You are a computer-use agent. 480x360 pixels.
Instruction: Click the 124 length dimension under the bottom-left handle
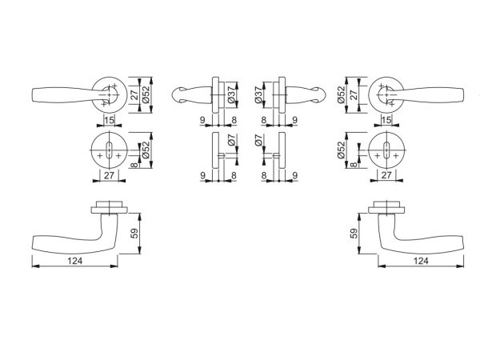[75, 261]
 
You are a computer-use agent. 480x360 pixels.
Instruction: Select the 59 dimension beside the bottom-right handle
[354, 234]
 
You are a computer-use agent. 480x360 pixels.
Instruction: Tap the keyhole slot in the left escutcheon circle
[110, 150]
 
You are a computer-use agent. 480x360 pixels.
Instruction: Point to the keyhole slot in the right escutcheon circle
[386, 150]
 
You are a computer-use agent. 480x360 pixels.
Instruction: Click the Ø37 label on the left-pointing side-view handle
[232, 95]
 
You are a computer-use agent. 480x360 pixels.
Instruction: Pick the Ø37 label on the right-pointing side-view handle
[258, 95]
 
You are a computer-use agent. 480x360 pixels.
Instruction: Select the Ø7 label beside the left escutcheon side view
[232, 140]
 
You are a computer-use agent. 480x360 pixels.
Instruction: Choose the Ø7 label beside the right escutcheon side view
[258, 140]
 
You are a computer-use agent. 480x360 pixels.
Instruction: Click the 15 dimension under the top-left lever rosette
[109, 120]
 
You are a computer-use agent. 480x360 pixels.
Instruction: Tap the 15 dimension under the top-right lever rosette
[386, 120]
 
